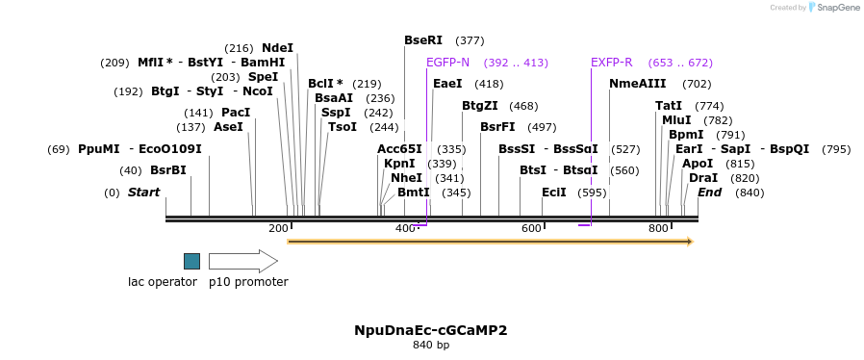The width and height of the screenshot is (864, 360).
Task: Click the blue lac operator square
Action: click(x=191, y=261)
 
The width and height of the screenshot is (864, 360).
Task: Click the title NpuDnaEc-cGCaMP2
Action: click(x=430, y=330)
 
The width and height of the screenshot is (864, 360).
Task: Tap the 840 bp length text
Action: click(x=430, y=345)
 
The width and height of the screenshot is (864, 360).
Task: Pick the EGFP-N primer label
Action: click(x=447, y=63)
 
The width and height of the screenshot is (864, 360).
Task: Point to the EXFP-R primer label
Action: click(x=611, y=63)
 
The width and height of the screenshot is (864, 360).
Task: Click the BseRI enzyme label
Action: click(x=423, y=40)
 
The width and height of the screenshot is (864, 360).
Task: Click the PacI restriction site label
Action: click(x=236, y=113)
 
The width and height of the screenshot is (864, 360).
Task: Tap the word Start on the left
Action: click(x=143, y=193)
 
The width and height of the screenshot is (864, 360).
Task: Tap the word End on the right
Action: click(x=709, y=193)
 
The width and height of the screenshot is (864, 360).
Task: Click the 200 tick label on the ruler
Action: click(x=278, y=228)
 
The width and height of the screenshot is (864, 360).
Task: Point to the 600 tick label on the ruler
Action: click(x=531, y=228)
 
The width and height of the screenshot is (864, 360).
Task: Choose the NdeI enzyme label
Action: click(x=277, y=48)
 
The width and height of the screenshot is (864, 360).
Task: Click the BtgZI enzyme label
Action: click(x=480, y=106)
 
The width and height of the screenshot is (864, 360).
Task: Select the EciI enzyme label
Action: click(x=553, y=193)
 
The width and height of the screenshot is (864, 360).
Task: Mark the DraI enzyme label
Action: click(x=703, y=178)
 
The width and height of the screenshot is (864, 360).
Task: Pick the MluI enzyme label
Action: click(x=676, y=120)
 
